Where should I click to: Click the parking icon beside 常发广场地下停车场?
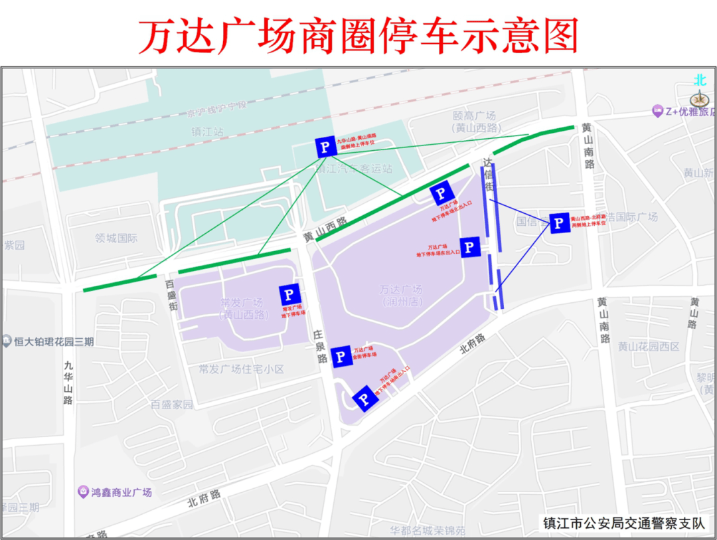coord(289,294)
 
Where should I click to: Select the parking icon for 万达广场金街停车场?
coord(341,357)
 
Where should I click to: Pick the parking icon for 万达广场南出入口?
coord(364,399)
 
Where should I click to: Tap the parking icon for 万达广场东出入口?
coord(470,247)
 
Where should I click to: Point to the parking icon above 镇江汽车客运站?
coord(326,147)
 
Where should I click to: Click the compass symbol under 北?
coord(700,99)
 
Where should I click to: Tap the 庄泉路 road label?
coord(322,347)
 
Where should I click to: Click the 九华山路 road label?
coord(68,382)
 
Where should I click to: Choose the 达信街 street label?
coord(489,175)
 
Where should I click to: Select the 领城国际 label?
coord(116,238)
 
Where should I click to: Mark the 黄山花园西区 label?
coord(649,346)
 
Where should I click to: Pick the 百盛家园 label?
coord(171,404)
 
